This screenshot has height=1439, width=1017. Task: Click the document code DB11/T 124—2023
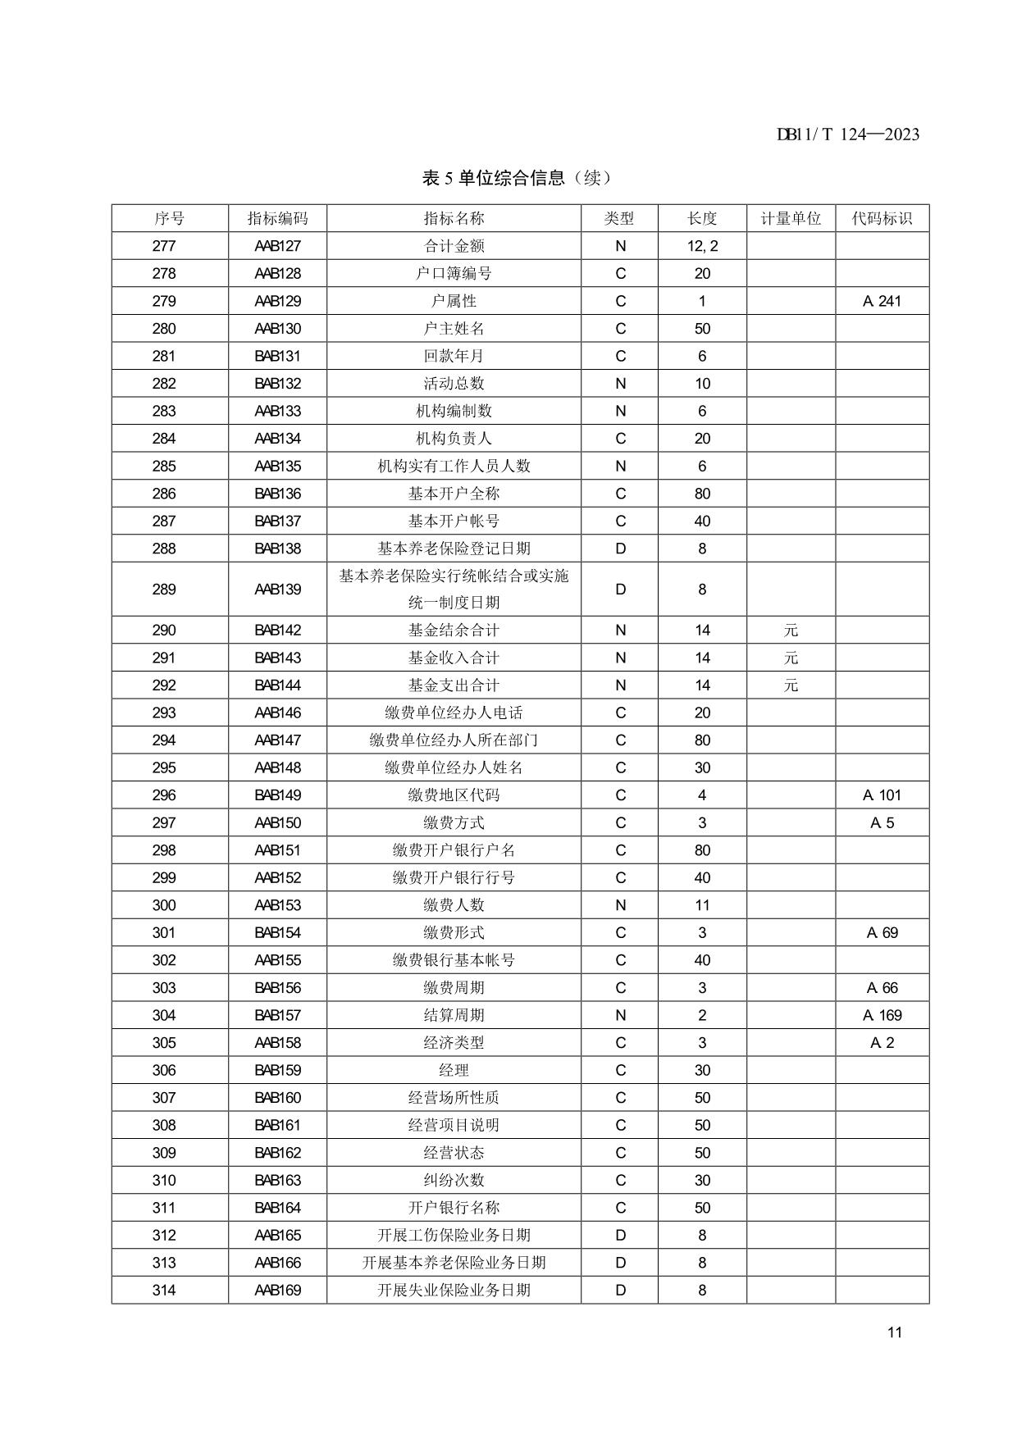(847, 134)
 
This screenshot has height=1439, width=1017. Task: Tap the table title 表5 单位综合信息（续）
(517, 178)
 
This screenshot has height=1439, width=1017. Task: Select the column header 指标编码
(277, 218)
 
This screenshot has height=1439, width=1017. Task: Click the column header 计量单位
(791, 218)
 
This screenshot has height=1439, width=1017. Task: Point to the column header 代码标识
(882, 218)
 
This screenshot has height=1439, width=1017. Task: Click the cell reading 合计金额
(454, 246)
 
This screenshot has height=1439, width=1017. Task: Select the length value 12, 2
(702, 246)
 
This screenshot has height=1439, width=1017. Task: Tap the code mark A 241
(882, 301)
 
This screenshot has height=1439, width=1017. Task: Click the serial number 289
(164, 589)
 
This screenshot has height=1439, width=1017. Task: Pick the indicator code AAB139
(277, 589)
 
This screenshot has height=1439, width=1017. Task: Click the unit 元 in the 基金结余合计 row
(791, 631)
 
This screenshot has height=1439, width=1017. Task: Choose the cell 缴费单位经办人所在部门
(454, 740)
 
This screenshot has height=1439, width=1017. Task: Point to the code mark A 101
(882, 795)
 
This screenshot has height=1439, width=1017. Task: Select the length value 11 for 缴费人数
(702, 905)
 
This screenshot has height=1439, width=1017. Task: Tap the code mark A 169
(882, 1015)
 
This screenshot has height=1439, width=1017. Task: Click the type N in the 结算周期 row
(620, 1015)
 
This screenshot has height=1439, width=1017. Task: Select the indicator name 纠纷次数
(454, 1180)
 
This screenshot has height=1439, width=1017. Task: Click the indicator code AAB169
(277, 1290)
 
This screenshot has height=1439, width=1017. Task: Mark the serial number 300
(164, 905)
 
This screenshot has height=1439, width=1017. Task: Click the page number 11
(894, 1332)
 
